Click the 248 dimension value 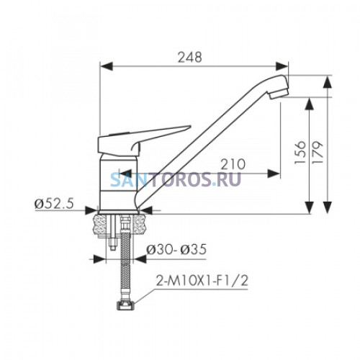pos(190,58)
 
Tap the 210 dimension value pos(233,164)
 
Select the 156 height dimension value pos(300,152)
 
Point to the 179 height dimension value pos(318,152)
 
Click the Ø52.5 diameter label pos(54,204)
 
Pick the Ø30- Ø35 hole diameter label pos(176,250)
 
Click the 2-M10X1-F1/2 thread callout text pos(202,281)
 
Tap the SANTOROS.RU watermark pos(176,179)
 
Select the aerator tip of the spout pos(279,93)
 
